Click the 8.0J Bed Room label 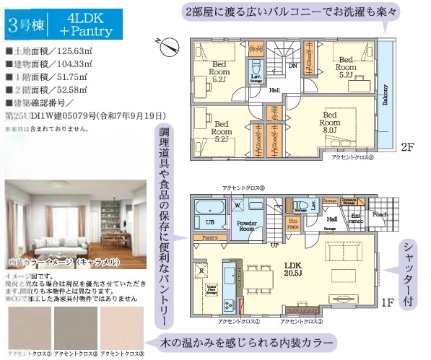(x=331, y=119)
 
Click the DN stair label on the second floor (x=293, y=65)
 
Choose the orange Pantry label (x=210, y=237)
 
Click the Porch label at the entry (x=380, y=214)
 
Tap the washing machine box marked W (x=238, y=204)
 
